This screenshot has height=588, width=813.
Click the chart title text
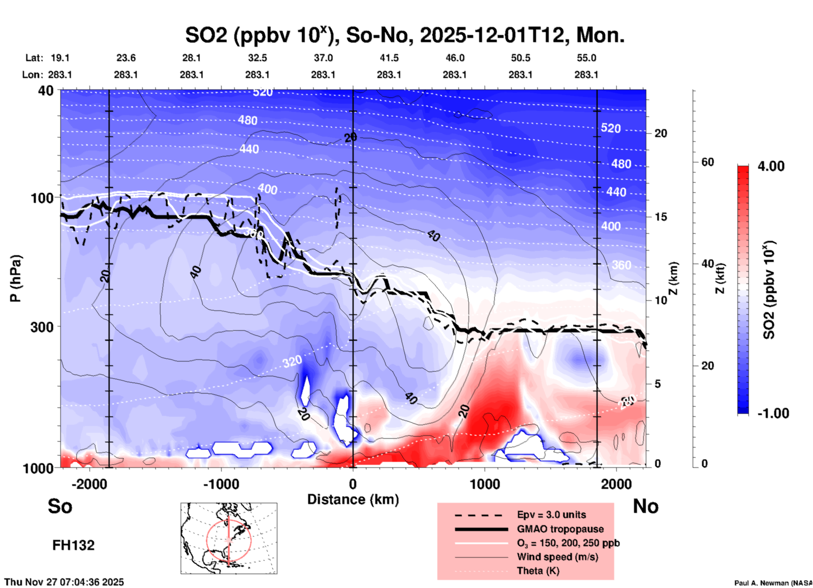point(404,35)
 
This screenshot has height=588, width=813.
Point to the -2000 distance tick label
point(89,484)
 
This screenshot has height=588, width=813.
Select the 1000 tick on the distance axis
point(485,484)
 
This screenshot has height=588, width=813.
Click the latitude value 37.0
point(323,58)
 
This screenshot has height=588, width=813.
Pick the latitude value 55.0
point(586,58)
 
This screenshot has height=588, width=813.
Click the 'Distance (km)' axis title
point(353,499)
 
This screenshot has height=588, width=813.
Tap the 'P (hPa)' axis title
point(16,278)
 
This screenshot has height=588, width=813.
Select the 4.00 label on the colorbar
point(770,166)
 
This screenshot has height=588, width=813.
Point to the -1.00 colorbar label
point(773,413)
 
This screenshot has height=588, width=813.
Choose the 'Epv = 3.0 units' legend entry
point(551,515)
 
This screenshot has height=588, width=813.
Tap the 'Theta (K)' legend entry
point(538,571)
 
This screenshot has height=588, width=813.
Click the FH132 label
point(73,545)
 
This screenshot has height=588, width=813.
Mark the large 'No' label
point(645,506)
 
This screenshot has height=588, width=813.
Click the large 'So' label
point(60,506)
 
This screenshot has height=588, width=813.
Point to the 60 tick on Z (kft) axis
point(707,162)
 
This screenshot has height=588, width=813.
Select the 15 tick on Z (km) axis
point(661,217)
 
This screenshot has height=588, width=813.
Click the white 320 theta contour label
point(292,361)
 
